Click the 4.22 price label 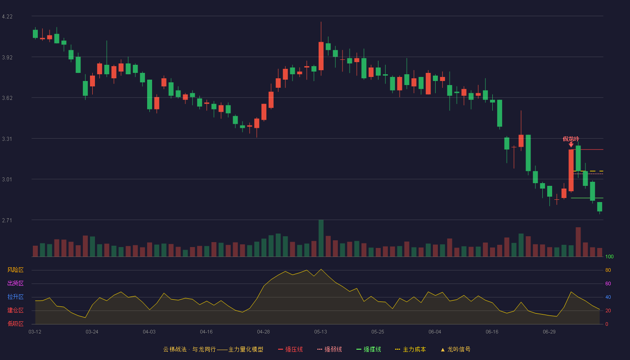click(7, 17)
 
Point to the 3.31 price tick click(7, 139)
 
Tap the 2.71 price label click(7, 220)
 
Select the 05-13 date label click(320, 332)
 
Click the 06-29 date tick click(549, 332)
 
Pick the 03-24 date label click(92, 332)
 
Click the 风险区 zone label click(15, 270)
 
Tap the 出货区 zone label click(15, 283)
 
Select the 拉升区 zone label click(15, 297)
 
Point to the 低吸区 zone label click(15, 324)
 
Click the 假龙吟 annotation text click(571, 139)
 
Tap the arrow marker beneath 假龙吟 click(571, 144)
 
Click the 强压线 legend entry click(290, 349)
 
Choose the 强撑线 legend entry click(369, 349)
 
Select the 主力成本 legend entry click(410, 349)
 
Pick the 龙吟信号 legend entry click(455, 349)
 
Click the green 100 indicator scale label click(609, 256)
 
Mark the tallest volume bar click(321, 238)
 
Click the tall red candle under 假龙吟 click(571, 171)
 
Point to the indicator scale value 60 click(608, 283)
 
